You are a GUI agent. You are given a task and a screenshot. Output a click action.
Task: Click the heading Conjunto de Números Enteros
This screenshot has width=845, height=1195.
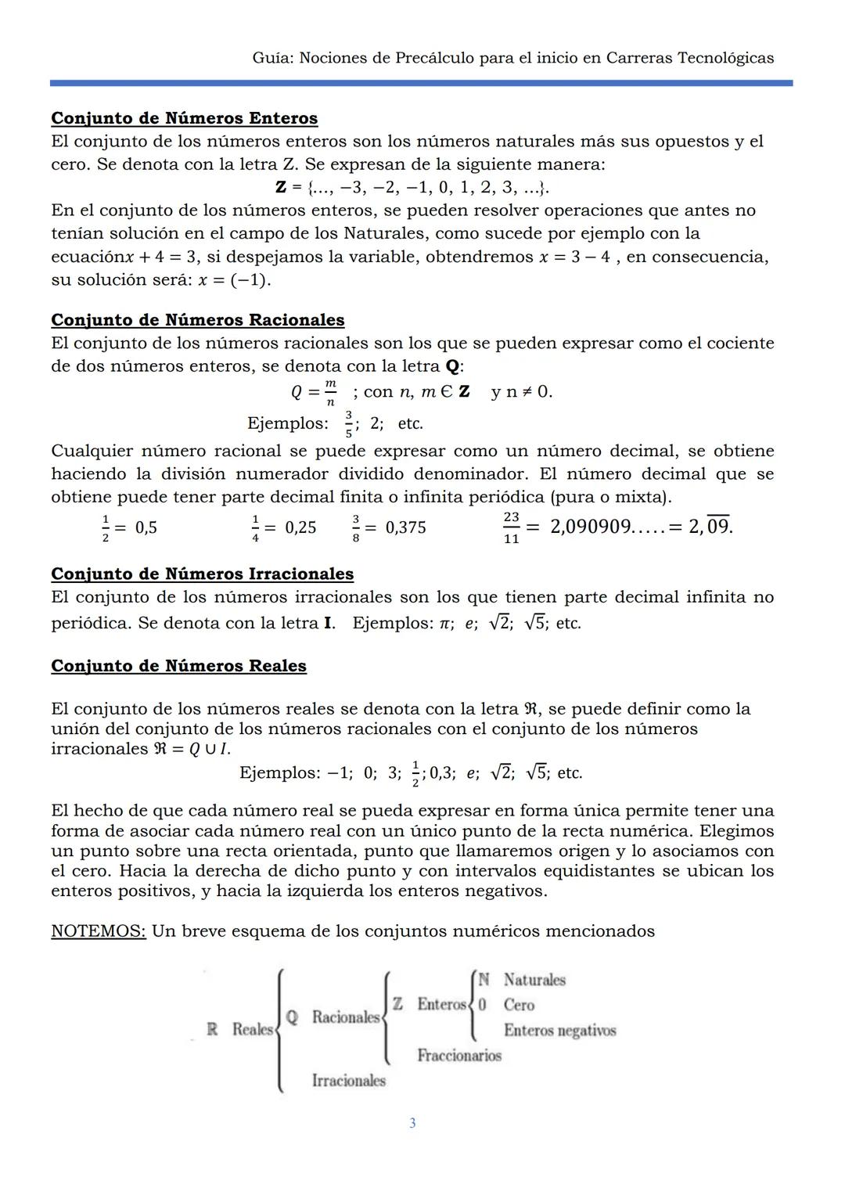[x=184, y=118]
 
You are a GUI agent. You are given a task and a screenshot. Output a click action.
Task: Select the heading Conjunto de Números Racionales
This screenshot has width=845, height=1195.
[x=197, y=320]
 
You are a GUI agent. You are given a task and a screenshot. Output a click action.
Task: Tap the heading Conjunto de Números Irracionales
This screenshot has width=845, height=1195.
[x=202, y=574]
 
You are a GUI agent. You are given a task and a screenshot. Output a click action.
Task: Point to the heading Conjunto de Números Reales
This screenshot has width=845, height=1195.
[x=178, y=666]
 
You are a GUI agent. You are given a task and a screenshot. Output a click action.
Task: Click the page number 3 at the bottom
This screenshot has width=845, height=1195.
[x=412, y=1123]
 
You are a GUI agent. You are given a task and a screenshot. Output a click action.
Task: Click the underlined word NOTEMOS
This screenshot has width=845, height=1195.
[x=99, y=931]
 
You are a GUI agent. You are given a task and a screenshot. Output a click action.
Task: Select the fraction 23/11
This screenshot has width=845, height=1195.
[x=511, y=528]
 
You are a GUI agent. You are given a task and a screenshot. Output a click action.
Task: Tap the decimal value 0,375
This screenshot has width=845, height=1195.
[x=405, y=527]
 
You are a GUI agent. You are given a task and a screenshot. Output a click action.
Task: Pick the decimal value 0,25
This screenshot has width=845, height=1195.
[x=300, y=527]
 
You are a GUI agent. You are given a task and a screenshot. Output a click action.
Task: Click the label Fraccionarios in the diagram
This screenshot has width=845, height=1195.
[x=459, y=1056]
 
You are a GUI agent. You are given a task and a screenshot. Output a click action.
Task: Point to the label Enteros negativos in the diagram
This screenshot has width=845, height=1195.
[x=559, y=1030]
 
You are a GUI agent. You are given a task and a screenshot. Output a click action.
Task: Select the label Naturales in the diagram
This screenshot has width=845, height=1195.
[x=534, y=980]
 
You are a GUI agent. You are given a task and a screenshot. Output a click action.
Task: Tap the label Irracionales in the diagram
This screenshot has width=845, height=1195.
[x=348, y=1081]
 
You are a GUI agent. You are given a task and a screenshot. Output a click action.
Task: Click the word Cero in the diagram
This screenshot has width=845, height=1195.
[x=519, y=1005]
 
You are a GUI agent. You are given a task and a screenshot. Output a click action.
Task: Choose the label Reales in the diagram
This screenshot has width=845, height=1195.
[x=252, y=1029]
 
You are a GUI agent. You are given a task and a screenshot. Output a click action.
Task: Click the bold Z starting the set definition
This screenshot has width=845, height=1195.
[x=281, y=188]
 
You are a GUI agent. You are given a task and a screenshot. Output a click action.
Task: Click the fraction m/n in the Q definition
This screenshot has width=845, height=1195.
[x=330, y=392]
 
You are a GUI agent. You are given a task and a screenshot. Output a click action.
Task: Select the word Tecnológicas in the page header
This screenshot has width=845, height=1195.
[x=725, y=58]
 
